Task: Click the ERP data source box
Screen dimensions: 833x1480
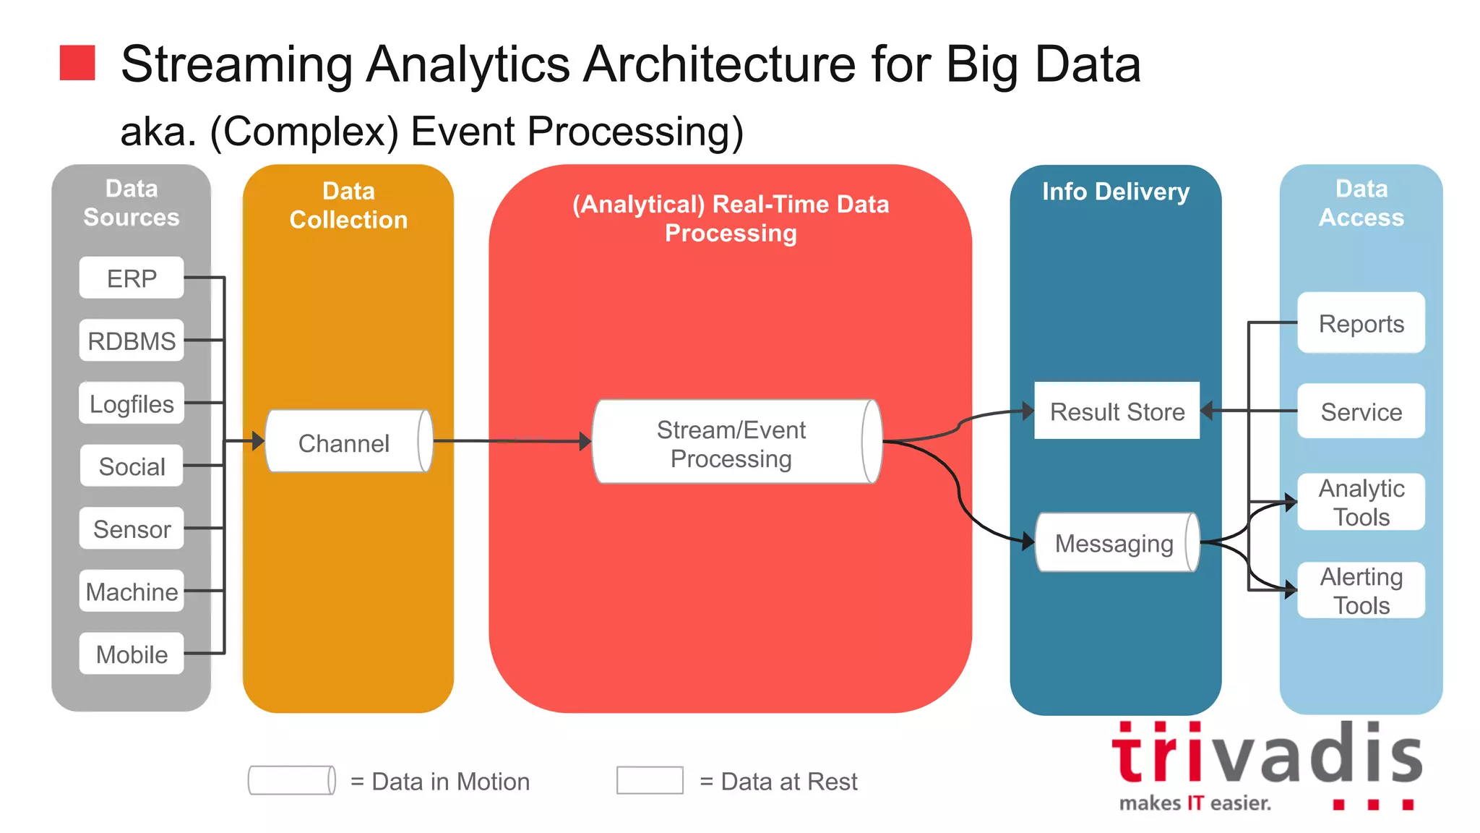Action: tap(132, 278)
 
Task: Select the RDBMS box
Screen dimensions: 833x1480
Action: tap(132, 341)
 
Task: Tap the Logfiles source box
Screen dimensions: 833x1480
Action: tap(132, 403)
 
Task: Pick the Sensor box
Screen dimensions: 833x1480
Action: tap(132, 529)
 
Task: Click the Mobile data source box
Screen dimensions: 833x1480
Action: tap(132, 654)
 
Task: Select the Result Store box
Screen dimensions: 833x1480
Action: tap(1117, 411)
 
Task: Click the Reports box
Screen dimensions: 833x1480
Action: tap(1361, 323)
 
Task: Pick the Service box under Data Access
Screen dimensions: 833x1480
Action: tap(1361, 411)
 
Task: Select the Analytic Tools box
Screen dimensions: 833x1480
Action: tap(1361, 502)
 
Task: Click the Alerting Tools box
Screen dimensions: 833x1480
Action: tap(1361, 591)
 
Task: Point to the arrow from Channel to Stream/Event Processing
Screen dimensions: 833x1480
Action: tap(513, 441)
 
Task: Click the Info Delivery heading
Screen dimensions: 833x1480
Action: tap(1115, 192)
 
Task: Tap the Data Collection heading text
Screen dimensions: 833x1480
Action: tap(348, 205)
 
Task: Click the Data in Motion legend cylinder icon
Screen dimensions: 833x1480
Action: tap(291, 781)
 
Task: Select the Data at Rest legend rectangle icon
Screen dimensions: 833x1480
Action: tap(650, 781)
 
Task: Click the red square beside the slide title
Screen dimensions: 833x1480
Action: tap(77, 63)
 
